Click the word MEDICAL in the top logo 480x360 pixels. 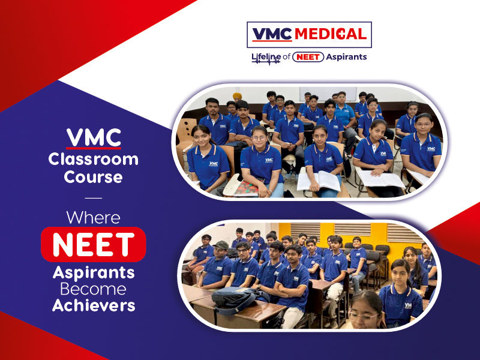click(x=331, y=34)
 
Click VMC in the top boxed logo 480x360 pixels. click(x=272, y=34)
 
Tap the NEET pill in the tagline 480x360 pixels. click(x=308, y=57)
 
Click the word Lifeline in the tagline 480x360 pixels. click(x=266, y=57)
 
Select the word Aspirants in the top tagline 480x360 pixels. click(x=346, y=57)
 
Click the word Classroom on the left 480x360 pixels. click(x=94, y=159)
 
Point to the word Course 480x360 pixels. click(x=94, y=177)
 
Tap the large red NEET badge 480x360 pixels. click(x=94, y=244)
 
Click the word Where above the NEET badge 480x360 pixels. click(x=94, y=218)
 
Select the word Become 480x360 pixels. click(x=94, y=289)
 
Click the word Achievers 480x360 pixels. click(x=94, y=305)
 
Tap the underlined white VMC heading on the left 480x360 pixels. click(x=94, y=138)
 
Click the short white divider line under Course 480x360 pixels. click(x=94, y=198)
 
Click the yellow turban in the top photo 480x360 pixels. click(x=237, y=96)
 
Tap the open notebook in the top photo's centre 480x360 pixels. click(x=319, y=181)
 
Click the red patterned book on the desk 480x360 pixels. click(x=247, y=188)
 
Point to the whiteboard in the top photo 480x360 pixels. click(x=328, y=94)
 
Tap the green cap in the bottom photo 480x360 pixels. click(x=221, y=245)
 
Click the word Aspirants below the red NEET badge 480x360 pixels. click(x=94, y=273)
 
